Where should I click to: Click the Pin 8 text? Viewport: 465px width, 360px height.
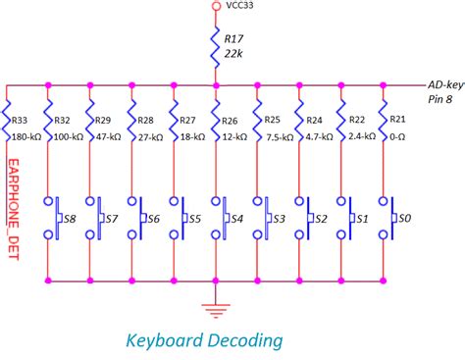(x=440, y=100)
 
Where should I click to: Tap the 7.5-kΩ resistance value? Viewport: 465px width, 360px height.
(x=280, y=136)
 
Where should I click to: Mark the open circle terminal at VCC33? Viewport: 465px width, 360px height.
(x=215, y=7)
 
